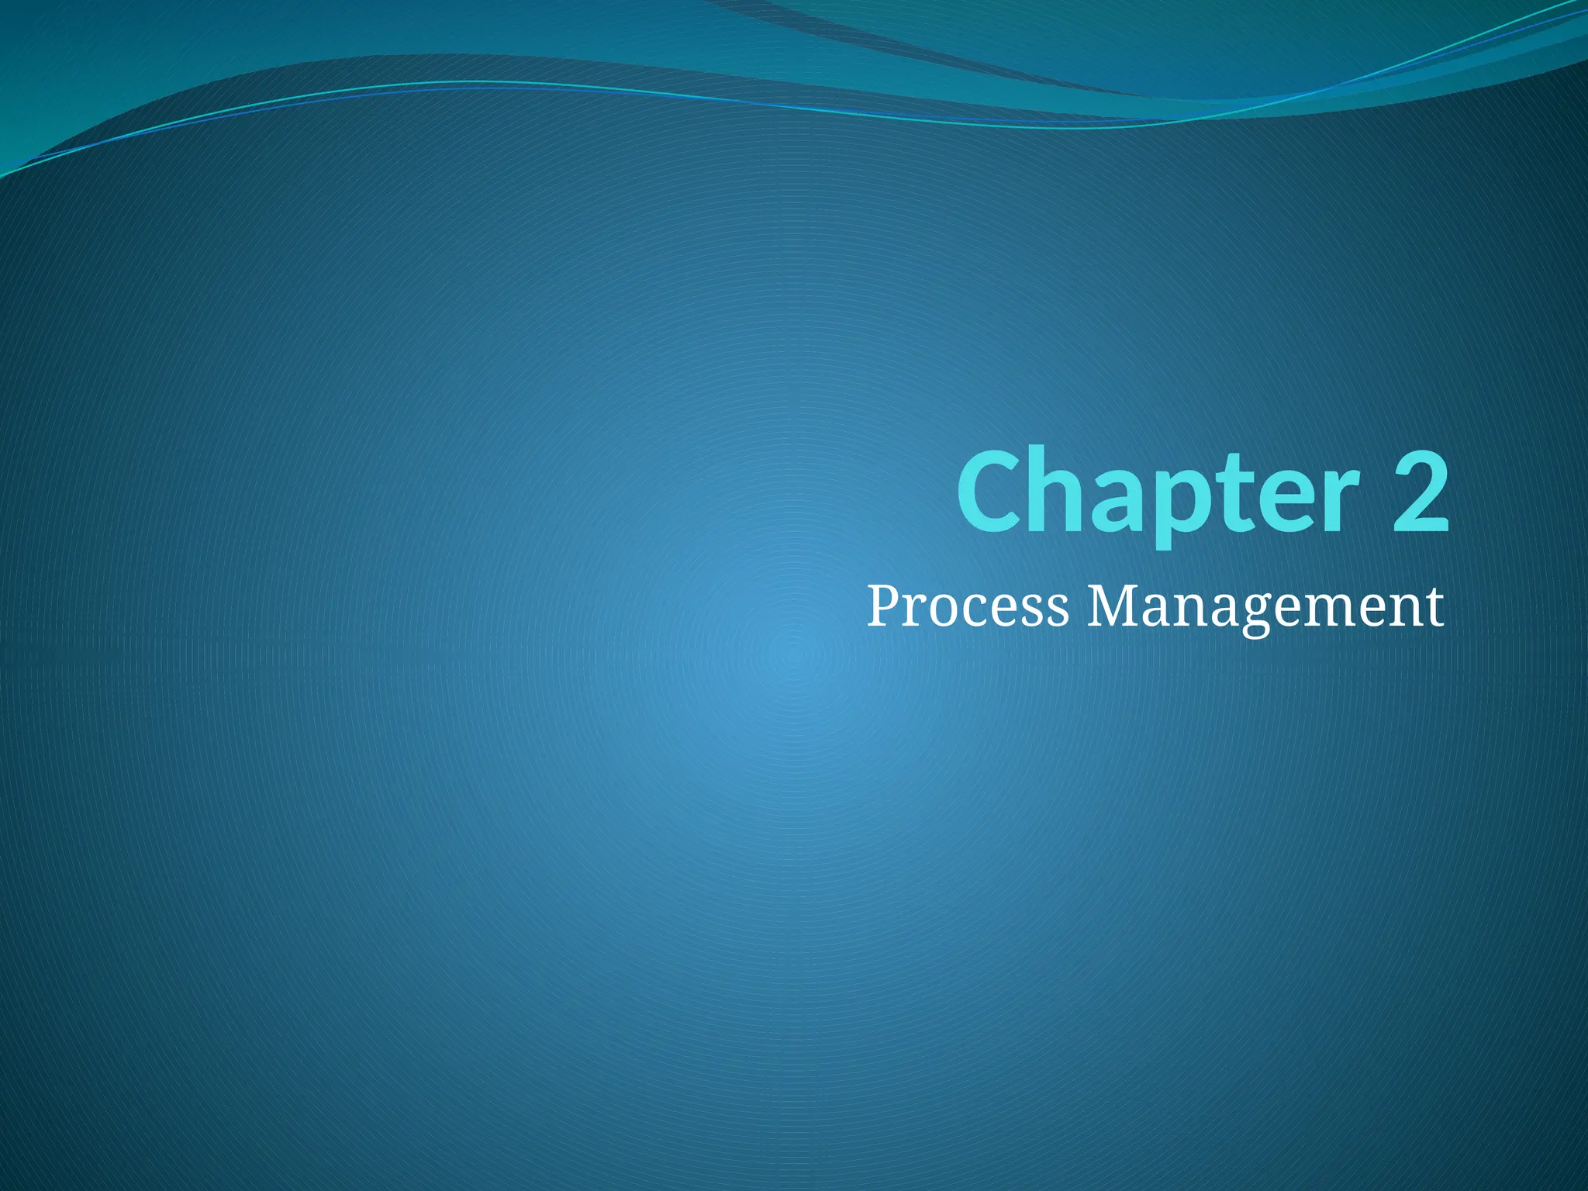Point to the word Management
click(1265, 608)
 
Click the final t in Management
click(1435, 608)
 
